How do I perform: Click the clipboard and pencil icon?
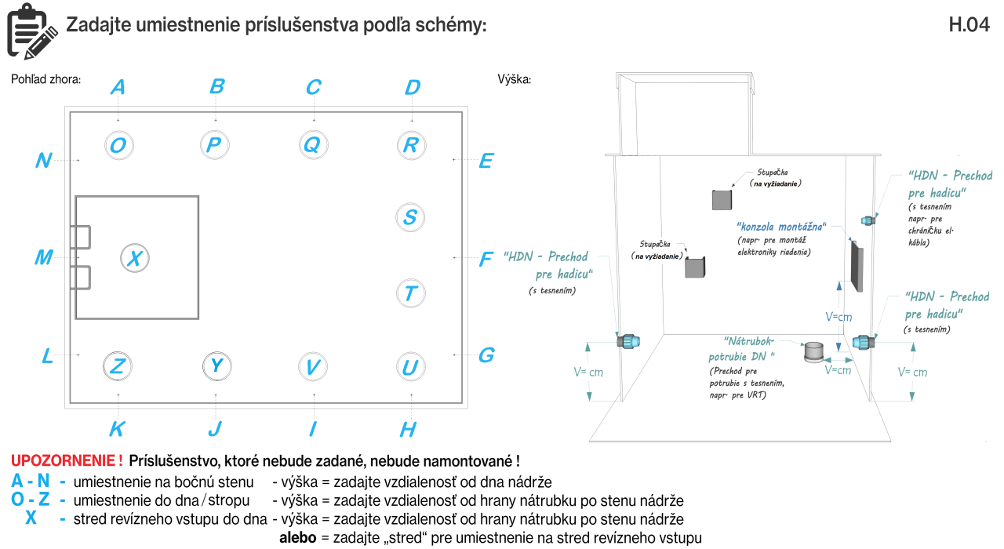(x=31, y=30)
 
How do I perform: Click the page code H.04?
(x=969, y=25)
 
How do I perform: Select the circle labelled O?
(x=118, y=145)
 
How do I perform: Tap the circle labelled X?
(x=135, y=257)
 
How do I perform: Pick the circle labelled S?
(x=410, y=217)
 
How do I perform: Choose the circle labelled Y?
(x=216, y=365)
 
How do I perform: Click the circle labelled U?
(x=410, y=366)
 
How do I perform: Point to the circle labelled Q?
(x=313, y=144)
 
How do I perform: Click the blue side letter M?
(x=44, y=257)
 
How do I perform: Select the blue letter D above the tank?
(x=413, y=87)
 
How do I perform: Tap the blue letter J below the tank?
(x=215, y=428)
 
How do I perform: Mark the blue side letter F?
(x=486, y=259)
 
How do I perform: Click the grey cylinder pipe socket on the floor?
(x=813, y=352)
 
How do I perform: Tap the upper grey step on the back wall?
(x=722, y=199)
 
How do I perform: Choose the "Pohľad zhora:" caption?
(x=46, y=79)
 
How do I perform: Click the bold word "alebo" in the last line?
(x=298, y=538)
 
